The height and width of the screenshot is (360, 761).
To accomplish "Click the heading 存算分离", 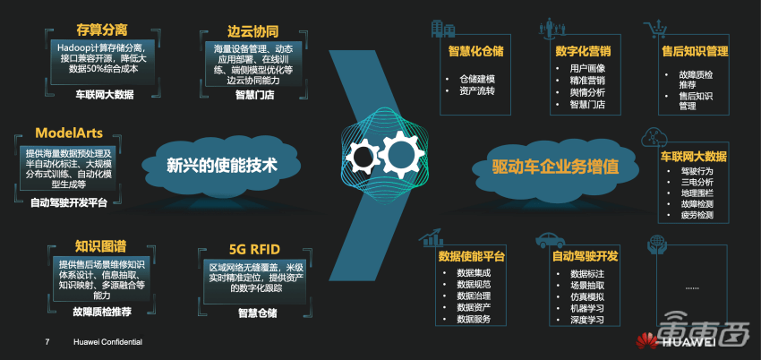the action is [101, 30].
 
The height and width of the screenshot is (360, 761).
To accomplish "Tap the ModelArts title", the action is [68, 133].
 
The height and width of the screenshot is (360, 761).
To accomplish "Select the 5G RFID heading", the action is [255, 249].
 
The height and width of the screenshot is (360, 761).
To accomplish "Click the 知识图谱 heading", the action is [100, 246].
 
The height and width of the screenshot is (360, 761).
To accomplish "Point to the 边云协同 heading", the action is [252, 31].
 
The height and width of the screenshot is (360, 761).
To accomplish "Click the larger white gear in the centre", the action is [401, 155].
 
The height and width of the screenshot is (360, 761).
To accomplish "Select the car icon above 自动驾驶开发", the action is [550, 241].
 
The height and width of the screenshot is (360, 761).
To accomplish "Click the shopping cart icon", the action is [654, 30].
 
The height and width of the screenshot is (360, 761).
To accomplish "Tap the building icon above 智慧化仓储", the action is [443, 29].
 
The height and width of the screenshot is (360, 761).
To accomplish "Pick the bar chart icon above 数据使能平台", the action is [431, 236].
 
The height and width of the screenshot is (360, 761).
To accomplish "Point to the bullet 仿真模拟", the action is [587, 296].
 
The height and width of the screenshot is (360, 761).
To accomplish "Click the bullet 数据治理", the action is [474, 296].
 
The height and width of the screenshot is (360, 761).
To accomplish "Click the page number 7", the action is [47, 342].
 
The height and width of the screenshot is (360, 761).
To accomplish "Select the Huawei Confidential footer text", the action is [107, 342].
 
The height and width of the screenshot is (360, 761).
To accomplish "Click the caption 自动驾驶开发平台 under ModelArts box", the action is [68, 203].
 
